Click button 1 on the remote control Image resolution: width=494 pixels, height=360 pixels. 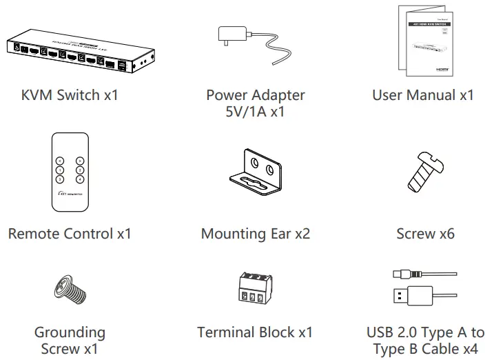(x=60, y=170)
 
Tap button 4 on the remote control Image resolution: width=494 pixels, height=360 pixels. (x=80, y=179)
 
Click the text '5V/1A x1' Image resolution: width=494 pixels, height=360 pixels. (x=255, y=112)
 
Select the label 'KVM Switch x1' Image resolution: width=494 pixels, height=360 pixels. (x=70, y=95)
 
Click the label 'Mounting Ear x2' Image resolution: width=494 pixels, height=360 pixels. (x=255, y=234)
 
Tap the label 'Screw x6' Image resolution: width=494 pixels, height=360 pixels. (x=425, y=234)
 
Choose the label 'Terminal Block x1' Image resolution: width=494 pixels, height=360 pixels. (x=255, y=332)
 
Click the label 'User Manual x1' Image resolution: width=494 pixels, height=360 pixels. (x=422, y=95)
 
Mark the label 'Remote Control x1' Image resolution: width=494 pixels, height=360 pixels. (x=70, y=234)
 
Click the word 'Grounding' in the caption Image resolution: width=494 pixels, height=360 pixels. (x=70, y=332)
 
